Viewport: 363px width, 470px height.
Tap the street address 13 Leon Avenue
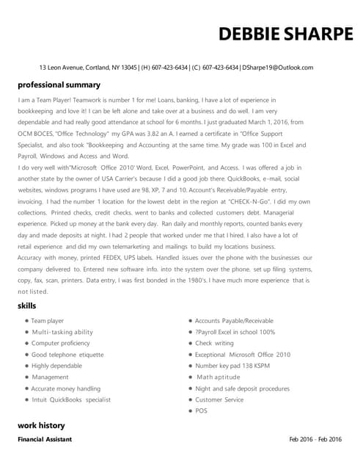[x=62, y=67]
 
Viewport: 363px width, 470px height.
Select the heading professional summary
[x=59, y=84]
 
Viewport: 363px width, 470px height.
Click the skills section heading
[x=27, y=305]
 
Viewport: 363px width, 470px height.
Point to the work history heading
[x=41, y=425]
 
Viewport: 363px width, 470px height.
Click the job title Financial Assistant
[x=45, y=439]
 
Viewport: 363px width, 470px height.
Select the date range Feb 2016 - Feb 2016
[x=315, y=439]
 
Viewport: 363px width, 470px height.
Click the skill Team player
[x=48, y=321]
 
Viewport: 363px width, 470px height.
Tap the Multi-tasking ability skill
[x=62, y=332]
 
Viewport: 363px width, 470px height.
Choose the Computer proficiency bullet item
[x=60, y=343]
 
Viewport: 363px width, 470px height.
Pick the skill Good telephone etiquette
[x=67, y=355]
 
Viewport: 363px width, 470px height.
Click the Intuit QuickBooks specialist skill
[x=71, y=399]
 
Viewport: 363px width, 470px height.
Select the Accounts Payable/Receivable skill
[x=234, y=321]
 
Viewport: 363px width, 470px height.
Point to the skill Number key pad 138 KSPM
[x=232, y=366]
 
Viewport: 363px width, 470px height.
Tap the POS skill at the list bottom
[x=201, y=411]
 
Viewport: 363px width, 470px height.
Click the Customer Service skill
[x=219, y=399]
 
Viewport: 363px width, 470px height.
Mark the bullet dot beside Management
[x=26, y=377]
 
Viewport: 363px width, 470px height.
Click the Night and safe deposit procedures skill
[x=242, y=388]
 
